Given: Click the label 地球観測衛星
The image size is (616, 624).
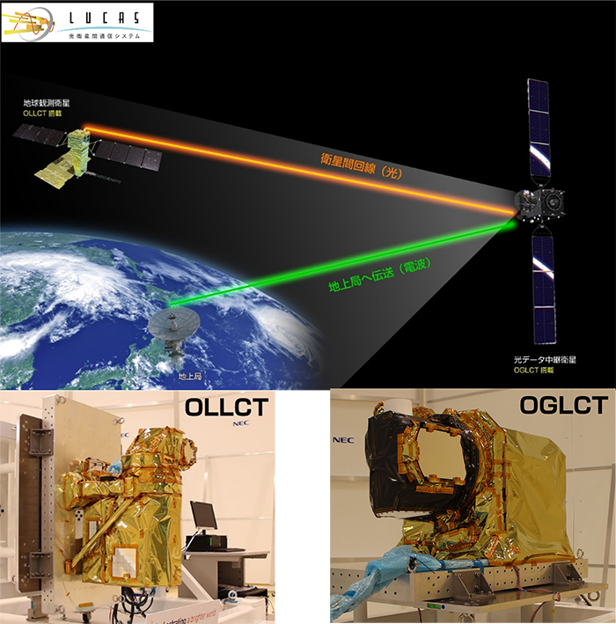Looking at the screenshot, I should (46, 103).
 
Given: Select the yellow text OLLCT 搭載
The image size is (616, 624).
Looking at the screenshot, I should (43, 114).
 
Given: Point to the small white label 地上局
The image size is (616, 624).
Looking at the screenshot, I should (189, 377).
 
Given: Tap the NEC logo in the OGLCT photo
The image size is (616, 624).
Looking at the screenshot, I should (342, 438).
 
